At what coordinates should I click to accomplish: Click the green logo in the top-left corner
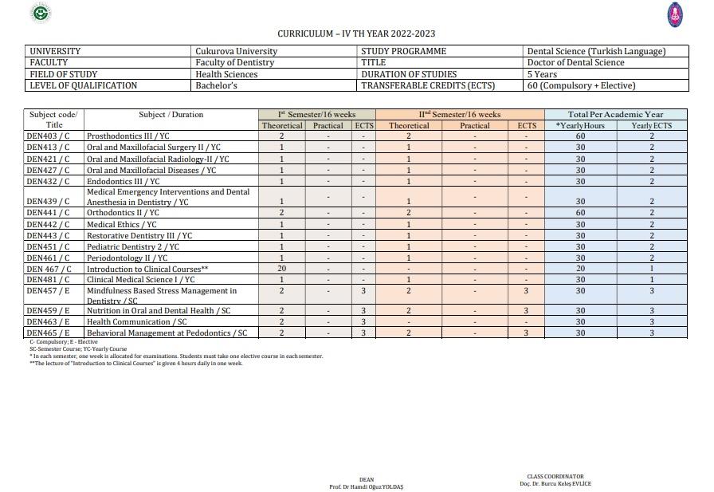[x=40, y=13]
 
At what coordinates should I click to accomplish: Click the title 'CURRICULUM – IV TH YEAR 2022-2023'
[x=356, y=33]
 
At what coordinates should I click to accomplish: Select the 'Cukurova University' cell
[x=236, y=51]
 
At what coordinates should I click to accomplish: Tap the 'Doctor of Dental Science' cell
[x=575, y=62]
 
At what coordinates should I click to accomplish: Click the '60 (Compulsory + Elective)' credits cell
[x=581, y=85]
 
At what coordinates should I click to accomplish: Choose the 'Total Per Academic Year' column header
[x=615, y=115]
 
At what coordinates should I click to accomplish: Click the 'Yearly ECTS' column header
[x=652, y=126]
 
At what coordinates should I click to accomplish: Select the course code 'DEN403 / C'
[x=48, y=136]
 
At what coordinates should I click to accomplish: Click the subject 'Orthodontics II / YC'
[x=123, y=213]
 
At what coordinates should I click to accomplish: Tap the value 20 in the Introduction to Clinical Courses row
[x=282, y=269]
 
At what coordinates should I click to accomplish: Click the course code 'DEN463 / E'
[x=48, y=322]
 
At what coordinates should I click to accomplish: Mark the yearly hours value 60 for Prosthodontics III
[x=581, y=136]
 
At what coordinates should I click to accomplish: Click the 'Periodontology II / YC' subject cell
[x=127, y=258]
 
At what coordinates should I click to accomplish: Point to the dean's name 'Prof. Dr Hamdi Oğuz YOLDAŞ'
[x=366, y=486]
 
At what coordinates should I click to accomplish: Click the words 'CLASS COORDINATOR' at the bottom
[x=555, y=477]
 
